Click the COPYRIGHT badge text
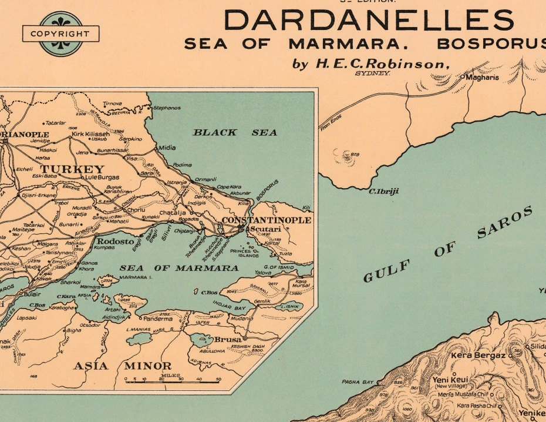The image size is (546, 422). click(61, 34)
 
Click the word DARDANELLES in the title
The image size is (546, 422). click(369, 21)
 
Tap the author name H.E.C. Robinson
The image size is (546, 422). click(371, 63)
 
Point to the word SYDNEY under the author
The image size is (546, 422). click(373, 74)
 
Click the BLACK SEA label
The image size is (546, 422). click(235, 133)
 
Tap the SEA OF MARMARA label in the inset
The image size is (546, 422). click(179, 268)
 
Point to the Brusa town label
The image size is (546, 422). click(228, 340)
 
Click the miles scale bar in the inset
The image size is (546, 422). click(172, 381)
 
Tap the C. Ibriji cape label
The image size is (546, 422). click(380, 191)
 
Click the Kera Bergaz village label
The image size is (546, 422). click(478, 356)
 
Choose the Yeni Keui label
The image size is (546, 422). click(451, 380)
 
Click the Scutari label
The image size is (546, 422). click(265, 229)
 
